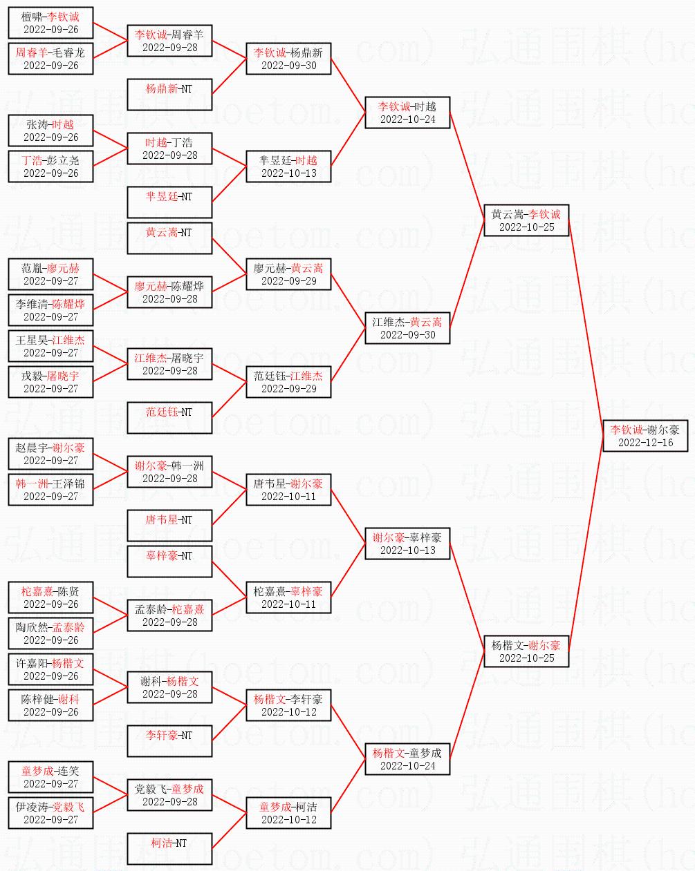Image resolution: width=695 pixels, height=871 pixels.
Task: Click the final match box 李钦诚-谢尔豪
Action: pyautogui.click(x=645, y=435)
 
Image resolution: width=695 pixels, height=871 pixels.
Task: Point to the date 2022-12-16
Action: pyautogui.click(x=645, y=443)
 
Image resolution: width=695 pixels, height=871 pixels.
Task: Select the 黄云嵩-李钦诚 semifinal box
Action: pyautogui.click(x=526, y=220)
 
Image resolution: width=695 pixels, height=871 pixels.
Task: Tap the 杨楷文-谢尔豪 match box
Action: pyautogui.click(x=526, y=651)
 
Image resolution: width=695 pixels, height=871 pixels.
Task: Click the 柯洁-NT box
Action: pyautogui.click(x=169, y=848)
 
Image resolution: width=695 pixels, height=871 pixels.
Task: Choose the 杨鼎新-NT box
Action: pyautogui.click(x=169, y=94)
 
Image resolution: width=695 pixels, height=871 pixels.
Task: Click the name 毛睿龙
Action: pyautogui.click(x=70, y=52)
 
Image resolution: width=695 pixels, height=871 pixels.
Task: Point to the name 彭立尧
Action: pyautogui.click(x=65, y=160)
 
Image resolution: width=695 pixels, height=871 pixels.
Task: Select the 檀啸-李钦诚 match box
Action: pyautogui.click(x=50, y=22)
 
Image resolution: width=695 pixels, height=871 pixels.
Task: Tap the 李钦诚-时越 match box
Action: pyautogui.click(x=407, y=112)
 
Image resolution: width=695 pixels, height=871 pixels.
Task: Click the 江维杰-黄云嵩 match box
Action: pyautogui.click(x=407, y=327)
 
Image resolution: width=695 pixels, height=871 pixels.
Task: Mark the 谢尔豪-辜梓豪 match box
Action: pyautogui.click(x=407, y=543)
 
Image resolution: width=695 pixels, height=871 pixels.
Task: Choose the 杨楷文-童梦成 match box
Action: pyautogui.click(x=407, y=758)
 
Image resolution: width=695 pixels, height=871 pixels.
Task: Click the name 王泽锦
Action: pyautogui.click(x=70, y=484)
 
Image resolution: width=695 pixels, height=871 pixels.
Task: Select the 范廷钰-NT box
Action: pyautogui.click(x=169, y=417)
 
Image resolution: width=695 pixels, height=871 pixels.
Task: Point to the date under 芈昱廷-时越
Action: pyautogui.click(x=288, y=173)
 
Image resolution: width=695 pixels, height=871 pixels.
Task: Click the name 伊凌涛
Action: pyautogui.click(x=32, y=807)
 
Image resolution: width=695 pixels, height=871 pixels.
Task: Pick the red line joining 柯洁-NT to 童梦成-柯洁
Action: pyautogui.click(x=229, y=831)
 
